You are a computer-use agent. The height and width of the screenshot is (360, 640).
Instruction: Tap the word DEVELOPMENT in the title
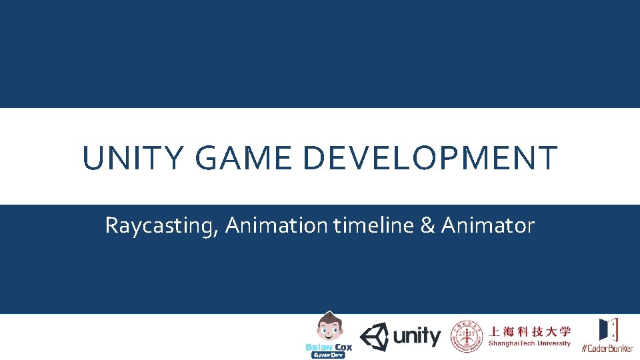tap(430, 159)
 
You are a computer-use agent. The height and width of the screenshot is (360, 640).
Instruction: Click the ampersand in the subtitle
tap(427, 225)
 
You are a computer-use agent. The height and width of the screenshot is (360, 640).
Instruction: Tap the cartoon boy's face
tap(327, 329)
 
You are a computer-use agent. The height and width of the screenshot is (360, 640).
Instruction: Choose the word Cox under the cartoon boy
tap(343, 347)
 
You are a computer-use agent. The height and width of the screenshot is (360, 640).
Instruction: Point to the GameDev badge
tap(328, 355)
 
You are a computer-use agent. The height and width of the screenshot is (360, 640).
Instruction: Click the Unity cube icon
tap(375, 337)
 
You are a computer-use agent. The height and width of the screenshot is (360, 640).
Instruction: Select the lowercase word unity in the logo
tap(417, 337)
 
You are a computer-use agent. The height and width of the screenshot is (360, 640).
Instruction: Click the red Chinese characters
tap(530, 331)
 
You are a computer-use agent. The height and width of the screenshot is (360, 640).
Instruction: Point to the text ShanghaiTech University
tap(530, 344)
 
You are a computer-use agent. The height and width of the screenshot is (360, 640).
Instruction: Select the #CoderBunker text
tap(607, 349)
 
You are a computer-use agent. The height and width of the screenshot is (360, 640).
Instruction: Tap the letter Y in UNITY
tap(173, 159)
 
